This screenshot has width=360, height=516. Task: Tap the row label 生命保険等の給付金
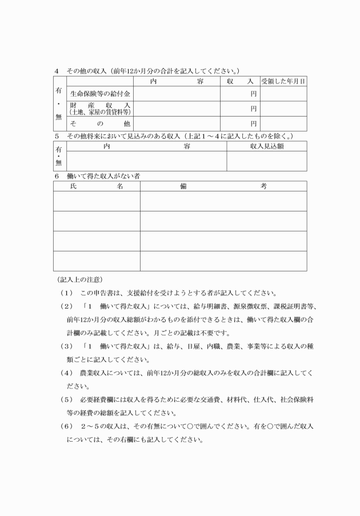pyautogui.click(x=100, y=93)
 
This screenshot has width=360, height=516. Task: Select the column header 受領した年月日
pyautogui.click(x=283, y=82)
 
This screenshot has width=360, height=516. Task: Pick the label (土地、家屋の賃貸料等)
pyautogui.click(x=100, y=112)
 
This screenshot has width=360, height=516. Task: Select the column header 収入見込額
pyautogui.click(x=266, y=146)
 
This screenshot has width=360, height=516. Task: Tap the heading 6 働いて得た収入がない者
pyautogui.click(x=103, y=176)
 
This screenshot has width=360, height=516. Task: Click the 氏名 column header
pyautogui.click(x=97, y=186)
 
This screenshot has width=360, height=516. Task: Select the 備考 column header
pyautogui.click(x=223, y=186)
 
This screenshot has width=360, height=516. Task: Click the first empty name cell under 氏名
pyautogui.click(x=97, y=201)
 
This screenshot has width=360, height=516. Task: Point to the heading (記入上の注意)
pyautogui.click(x=79, y=279)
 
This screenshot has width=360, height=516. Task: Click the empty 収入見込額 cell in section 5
pyautogui.click(x=266, y=161)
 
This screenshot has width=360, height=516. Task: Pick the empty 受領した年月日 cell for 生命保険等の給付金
pyautogui.click(x=283, y=93)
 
